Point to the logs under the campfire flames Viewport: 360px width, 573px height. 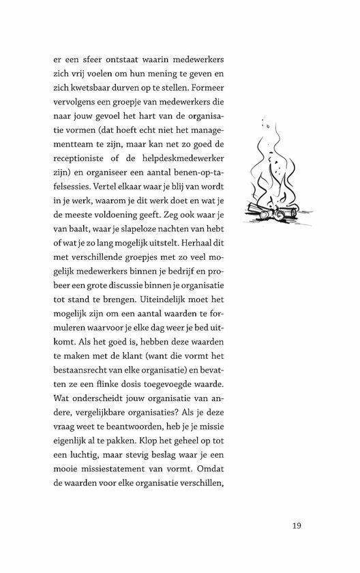pyautogui.click(x=273, y=213)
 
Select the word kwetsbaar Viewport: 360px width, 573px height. pyautogui.click(x=91, y=88)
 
